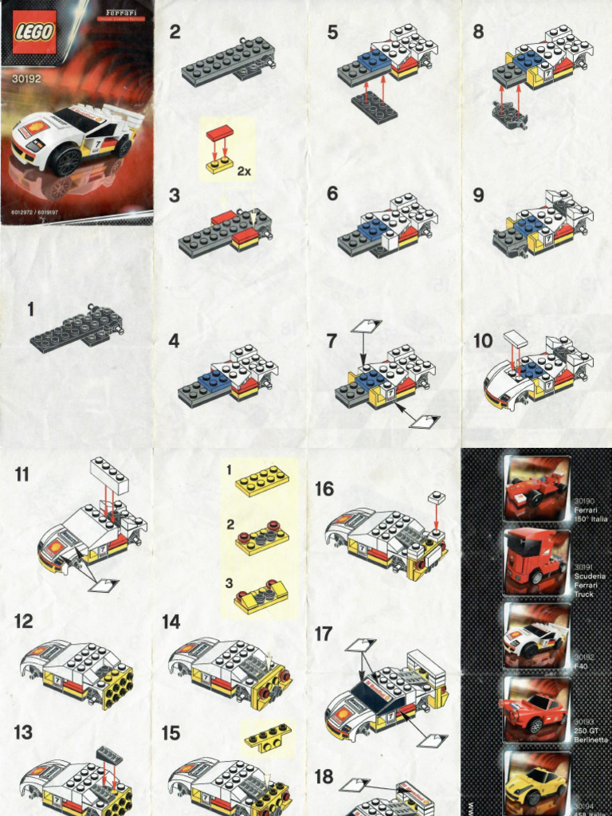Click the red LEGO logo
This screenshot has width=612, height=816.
point(34,33)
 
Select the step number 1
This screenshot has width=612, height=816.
point(30,308)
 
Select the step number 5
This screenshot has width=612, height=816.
point(332,33)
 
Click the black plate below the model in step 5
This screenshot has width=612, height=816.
point(374,107)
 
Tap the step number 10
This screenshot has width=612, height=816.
point(483,342)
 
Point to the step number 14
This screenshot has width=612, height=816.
point(171,622)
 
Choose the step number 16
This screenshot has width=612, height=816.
point(324,488)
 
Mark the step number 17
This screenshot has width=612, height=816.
point(324,634)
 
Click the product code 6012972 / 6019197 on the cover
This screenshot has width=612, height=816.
point(33,214)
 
